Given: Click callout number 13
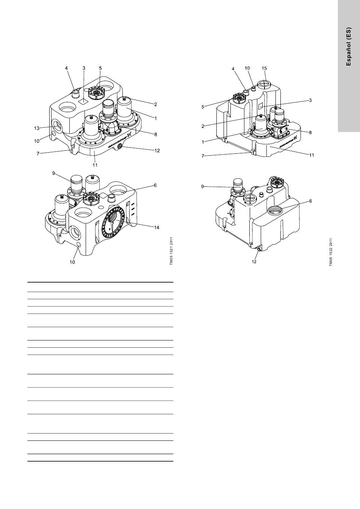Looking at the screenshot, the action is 37,128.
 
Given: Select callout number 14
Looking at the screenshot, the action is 157,228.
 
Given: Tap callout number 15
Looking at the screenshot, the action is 264,68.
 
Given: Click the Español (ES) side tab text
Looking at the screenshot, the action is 348,47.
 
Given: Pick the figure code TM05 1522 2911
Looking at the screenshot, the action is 331,252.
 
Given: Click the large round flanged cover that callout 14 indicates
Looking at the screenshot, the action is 113,222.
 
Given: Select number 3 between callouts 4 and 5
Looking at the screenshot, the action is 84,68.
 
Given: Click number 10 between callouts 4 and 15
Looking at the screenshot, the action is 247,68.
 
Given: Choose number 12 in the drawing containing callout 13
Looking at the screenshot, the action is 157,151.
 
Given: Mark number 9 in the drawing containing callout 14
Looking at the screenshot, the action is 54,173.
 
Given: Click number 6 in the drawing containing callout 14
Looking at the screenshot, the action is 155,185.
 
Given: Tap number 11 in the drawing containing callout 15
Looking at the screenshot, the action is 311,155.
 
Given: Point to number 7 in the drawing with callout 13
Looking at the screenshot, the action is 38,154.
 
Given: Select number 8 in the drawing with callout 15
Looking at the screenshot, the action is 310,133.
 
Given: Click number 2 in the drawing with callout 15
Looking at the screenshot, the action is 203,126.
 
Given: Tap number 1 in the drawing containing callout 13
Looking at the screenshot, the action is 156,119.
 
